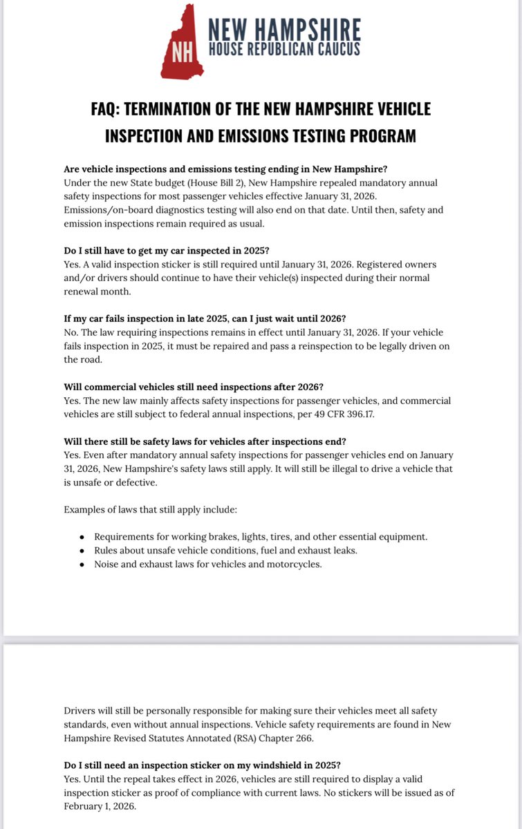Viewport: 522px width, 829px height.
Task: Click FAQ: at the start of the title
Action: pos(110,109)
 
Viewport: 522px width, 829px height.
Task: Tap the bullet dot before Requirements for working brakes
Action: pos(82,537)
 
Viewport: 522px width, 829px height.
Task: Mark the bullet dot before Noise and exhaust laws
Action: pos(82,564)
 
